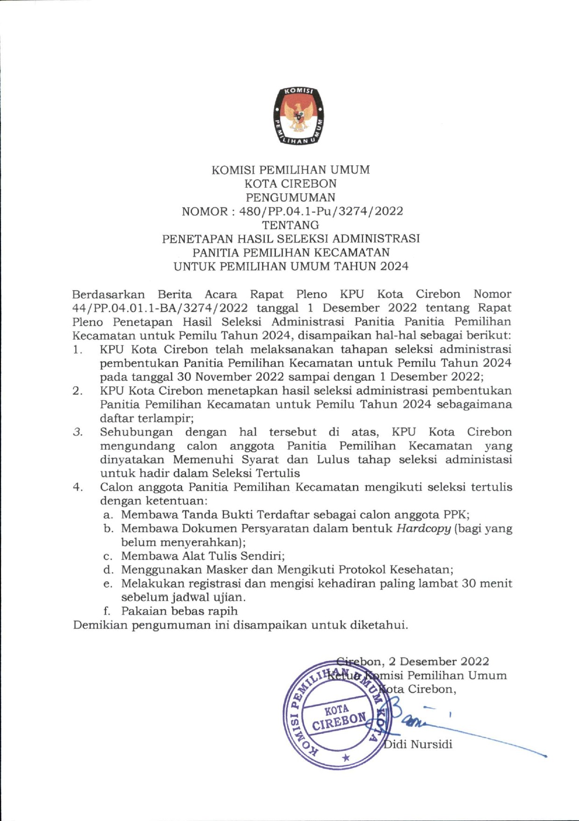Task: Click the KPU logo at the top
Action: click(x=299, y=115)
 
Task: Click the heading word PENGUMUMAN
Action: click(x=290, y=198)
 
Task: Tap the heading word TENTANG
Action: click(x=290, y=225)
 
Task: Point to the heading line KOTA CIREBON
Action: click(x=290, y=184)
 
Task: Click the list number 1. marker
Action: click(x=78, y=350)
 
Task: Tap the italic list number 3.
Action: click(x=78, y=432)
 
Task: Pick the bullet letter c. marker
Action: click(x=108, y=557)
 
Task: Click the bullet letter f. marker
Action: click(x=107, y=611)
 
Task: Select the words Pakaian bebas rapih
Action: click(x=179, y=611)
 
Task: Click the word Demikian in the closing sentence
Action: click(x=100, y=625)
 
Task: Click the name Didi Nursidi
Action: click(x=418, y=744)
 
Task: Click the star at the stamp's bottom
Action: click(x=346, y=757)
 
